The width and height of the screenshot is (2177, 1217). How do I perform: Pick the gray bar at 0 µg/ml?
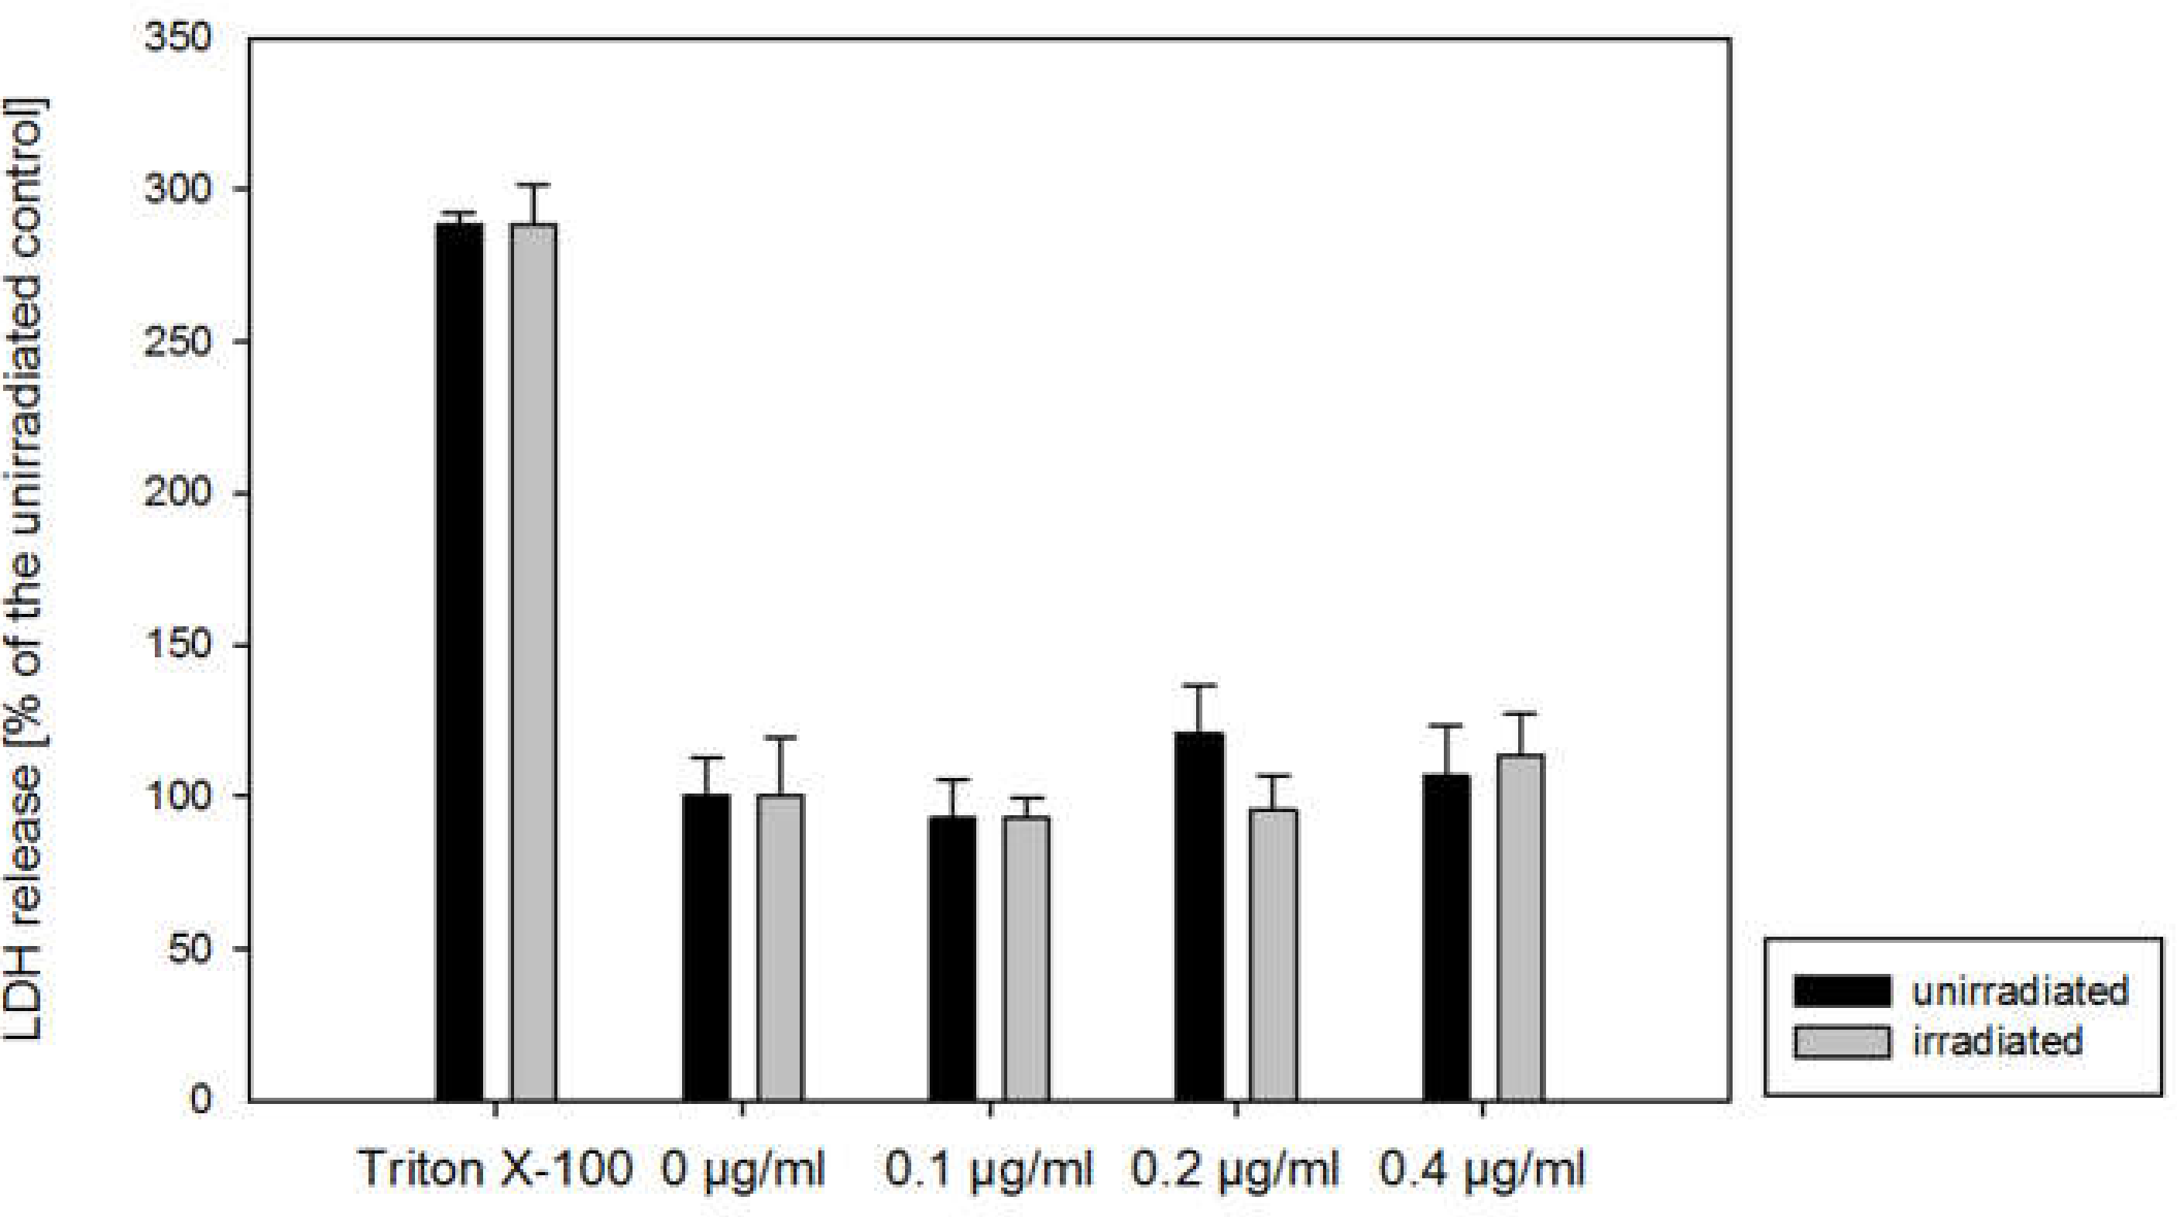click(780, 947)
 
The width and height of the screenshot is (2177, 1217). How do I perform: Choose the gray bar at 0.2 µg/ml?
click(1273, 955)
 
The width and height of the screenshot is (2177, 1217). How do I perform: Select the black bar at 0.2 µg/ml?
click(1198, 916)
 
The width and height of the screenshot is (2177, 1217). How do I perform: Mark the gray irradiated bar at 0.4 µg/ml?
click(1520, 927)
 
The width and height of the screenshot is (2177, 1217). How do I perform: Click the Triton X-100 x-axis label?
click(495, 1170)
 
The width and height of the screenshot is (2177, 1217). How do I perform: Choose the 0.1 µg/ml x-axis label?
click(989, 1170)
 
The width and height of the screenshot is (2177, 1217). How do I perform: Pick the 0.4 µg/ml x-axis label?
click(1483, 1170)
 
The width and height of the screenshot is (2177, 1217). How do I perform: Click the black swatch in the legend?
click(1843, 990)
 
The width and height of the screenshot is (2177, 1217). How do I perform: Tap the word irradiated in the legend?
click(1997, 1041)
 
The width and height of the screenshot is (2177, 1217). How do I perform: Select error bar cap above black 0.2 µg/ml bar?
click(1198, 685)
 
